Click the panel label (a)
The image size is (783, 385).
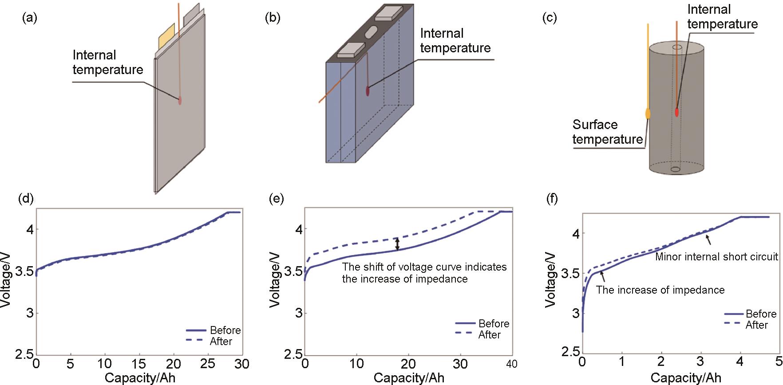click(29, 18)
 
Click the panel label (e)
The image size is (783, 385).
click(277, 200)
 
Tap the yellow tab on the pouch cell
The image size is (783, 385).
click(167, 36)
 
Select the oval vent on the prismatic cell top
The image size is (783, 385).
click(371, 32)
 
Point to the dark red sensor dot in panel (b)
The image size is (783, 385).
click(368, 90)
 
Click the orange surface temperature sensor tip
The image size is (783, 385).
click(648, 114)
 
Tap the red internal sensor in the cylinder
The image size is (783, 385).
click(677, 112)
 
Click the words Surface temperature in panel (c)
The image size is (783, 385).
click(607, 132)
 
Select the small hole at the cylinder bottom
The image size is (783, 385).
click(676, 169)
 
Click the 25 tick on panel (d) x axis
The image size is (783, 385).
click(208, 364)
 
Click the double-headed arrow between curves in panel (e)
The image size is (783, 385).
click(398, 244)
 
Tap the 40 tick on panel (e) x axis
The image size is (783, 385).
click(511, 364)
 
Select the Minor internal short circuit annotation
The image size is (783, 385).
click(716, 256)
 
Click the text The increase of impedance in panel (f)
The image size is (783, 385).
click(660, 290)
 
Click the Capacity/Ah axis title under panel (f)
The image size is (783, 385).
click(686, 378)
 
